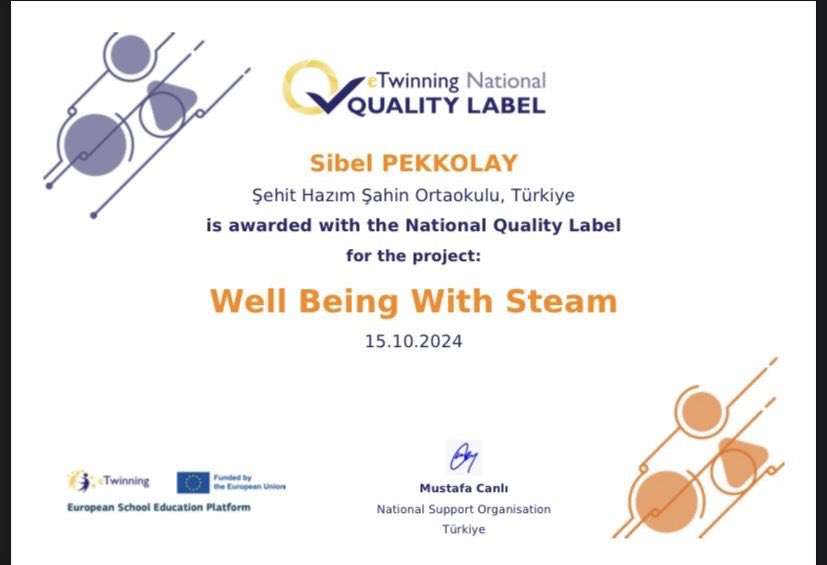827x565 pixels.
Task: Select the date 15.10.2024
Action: [413, 341]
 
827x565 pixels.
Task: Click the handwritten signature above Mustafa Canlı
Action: [463, 458]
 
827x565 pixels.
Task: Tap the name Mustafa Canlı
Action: [463, 488]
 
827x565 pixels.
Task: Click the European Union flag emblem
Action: [193, 482]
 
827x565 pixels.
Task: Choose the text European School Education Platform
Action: [159, 507]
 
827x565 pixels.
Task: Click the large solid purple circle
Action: [95, 144]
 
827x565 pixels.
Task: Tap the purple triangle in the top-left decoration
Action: [170, 100]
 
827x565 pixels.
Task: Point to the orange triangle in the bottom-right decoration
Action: [741, 457]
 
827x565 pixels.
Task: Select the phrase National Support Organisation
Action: [463, 509]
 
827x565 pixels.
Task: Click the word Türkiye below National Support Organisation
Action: [463, 529]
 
